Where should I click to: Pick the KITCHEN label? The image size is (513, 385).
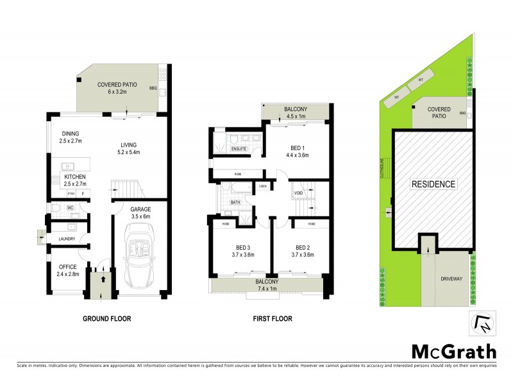pyautogui.click(x=74, y=176)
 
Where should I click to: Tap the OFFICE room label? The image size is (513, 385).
pyautogui.click(x=68, y=266)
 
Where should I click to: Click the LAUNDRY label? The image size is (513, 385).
pyautogui.click(x=67, y=239)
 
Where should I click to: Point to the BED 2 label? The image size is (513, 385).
pyautogui.click(x=303, y=247)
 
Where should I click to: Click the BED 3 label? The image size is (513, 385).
pyautogui.click(x=241, y=247)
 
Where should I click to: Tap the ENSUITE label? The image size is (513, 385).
pyautogui.click(x=239, y=150)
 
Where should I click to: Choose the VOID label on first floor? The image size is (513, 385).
pyautogui.click(x=298, y=192)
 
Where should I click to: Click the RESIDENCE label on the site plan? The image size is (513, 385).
pyautogui.click(x=433, y=184)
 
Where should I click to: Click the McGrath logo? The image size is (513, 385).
pyautogui.click(x=454, y=351)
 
